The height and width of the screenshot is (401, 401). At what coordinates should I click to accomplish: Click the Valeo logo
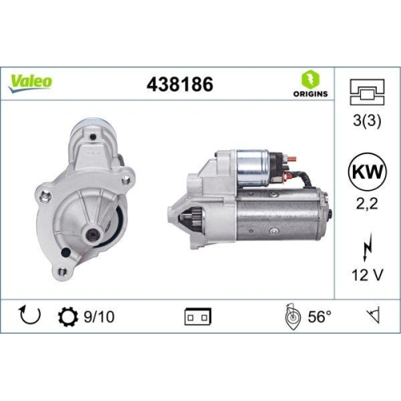[31, 81]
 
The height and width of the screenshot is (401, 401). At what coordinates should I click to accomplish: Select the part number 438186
[180, 83]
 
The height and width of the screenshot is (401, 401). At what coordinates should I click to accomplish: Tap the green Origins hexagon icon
[308, 78]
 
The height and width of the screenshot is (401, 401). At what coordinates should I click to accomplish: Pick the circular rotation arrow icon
[28, 315]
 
